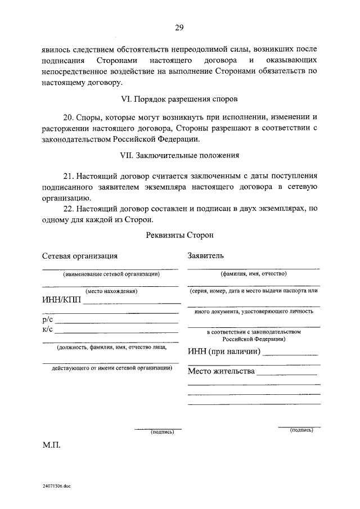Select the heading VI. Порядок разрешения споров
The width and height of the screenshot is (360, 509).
click(x=179, y=99)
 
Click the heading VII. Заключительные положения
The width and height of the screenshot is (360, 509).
click(x=179, y=155)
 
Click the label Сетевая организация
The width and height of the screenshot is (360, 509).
click(x=80, y=255)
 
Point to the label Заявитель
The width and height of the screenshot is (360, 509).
click(x=206, y=255)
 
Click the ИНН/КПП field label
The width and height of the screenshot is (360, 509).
click(x=61, y=300)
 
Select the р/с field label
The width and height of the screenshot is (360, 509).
click(x=48, y=319)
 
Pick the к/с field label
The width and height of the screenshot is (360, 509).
click(x=48, y=329)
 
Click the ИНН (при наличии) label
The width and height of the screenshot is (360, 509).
click(x=224, y=352)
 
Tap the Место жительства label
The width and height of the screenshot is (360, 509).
click(x=221, y=372)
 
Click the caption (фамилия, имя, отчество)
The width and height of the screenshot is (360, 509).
click(x=253, y=274)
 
